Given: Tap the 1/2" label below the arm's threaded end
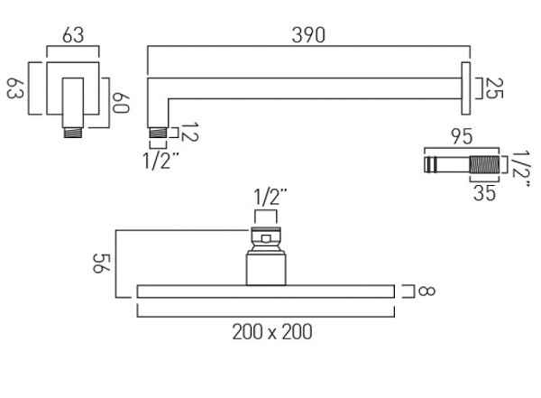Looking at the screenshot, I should (x=163, y=161).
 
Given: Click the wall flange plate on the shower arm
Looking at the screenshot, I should (x=466, y=88).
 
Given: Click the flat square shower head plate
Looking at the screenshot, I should (x=267, y=291).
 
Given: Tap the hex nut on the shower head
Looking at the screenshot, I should (x=267, y=237).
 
